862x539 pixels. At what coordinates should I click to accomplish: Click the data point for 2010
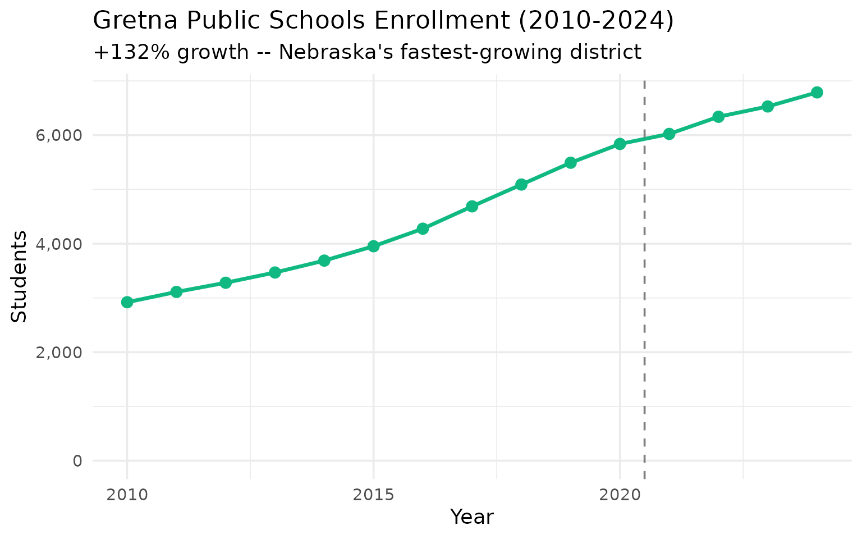pyautogui.click(x=127, y=302)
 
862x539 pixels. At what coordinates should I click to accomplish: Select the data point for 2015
pyautogui.click(x=373, y=246)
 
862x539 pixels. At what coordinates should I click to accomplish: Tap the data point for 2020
pyautogui.click(x=620, y=144)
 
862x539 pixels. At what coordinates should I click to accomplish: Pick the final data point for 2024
pyautogui.click(x=817, y=93)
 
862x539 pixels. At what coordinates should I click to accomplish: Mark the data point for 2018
pyautogui.click(x=521, y=185)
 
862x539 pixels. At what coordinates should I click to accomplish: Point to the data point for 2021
pyautogui.click(x=669, y=134)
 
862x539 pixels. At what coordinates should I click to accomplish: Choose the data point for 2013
pyautogui.click(x=275, y=272)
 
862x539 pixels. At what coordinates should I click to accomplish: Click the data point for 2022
pyautogui.click(x=718, y=117)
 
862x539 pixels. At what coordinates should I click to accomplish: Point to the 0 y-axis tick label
pyautogui.click(x=77, y=462)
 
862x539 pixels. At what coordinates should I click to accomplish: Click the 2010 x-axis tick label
pyautogui.click(x=127, y=495)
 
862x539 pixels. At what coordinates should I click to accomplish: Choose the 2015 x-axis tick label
pyautogui.click(x=373, y=495)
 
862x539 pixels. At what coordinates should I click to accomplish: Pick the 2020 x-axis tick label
pyautogui.click(x=620, y=495)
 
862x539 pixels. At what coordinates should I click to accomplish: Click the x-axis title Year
pyautogui.click(x=472, y=517)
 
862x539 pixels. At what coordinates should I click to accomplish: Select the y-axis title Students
pyautogui.click(x=20, y=276)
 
